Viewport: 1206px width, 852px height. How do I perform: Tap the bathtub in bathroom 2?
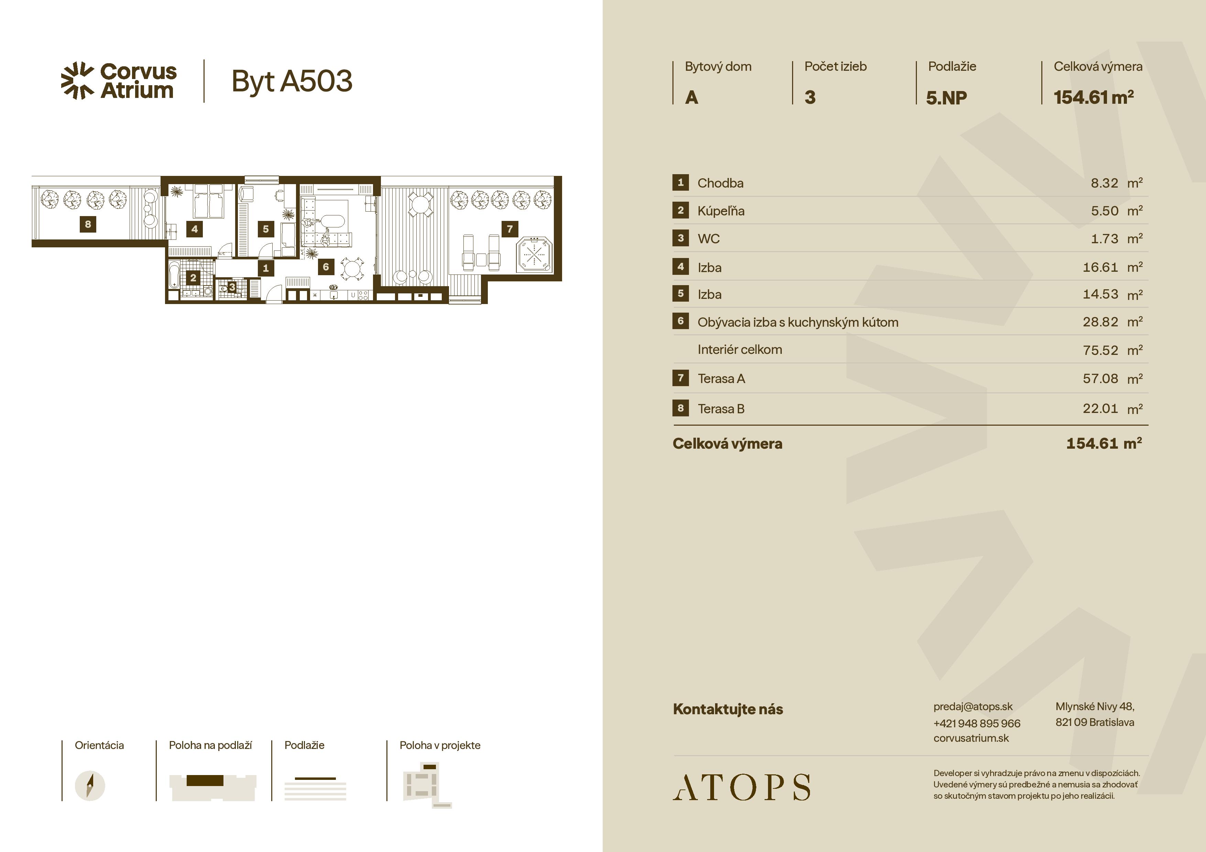coord(174,276)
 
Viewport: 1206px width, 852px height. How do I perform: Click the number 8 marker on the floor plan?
coord(88,224)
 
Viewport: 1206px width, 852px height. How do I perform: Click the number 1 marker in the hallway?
coord(265,268)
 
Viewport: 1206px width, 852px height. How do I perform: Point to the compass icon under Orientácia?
coord(90,786)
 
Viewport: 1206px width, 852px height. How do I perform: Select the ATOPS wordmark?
coord(742,787)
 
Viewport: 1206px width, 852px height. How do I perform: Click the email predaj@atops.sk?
coord(973,707)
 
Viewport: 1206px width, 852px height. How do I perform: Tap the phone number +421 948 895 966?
coord(976,723)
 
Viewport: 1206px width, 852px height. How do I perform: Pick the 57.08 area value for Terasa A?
coord(1100,379)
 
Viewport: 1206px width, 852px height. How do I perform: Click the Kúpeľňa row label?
coord(721,211)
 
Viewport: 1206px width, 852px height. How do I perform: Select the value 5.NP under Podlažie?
coord(946,98)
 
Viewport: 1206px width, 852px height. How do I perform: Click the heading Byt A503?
coord(292,81)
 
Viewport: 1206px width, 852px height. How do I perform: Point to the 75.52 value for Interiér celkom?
coord(1100,350)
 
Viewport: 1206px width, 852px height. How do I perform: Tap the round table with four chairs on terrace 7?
coord(420,204)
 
